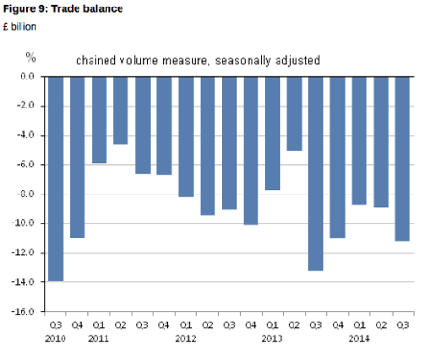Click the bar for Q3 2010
pos(55,178)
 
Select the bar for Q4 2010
pos(77,156)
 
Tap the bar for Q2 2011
pos(121,109)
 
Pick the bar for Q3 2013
pos(316,173)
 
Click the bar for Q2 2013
pos(294,112)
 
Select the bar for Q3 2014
pos(403,158)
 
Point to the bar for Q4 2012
pos(251,150)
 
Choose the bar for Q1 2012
pos(185,136)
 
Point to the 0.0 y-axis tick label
pos(27,76)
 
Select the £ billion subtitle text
pos(24,25)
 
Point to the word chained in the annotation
pos(97,60)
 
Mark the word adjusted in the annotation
pos(295,60)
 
